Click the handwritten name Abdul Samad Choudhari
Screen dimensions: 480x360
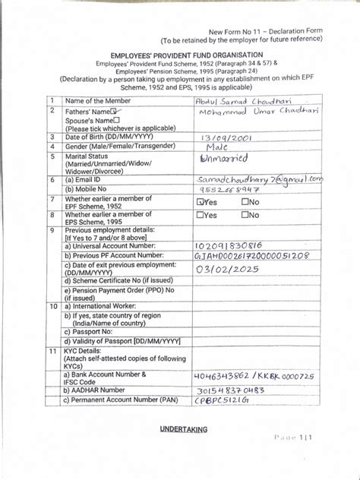point(235,102)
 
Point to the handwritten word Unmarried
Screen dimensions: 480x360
point(224,159)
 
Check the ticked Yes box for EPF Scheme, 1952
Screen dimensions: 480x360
point(201,203)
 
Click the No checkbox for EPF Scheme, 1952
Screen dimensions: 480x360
point(245,203)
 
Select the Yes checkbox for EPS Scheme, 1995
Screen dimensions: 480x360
point(201,215)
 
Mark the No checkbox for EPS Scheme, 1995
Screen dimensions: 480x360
point(245,215)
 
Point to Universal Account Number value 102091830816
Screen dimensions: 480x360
point(229,246)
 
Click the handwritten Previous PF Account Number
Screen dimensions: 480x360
point(252,257)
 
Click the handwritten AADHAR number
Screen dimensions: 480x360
point(229,390)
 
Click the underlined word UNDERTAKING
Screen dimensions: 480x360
point(183,429)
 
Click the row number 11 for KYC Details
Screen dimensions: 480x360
point(52,352)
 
